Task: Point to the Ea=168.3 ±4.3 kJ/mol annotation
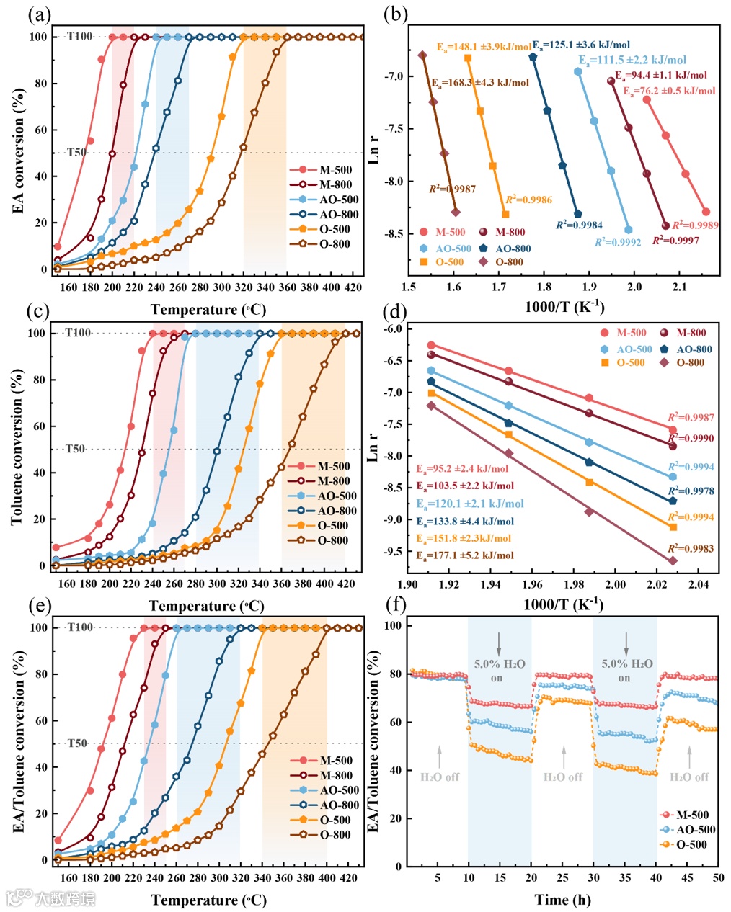pyautogui.click(x=480, y=83)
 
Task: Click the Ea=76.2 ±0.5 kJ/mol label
pyautogui.click(x=670, y=91)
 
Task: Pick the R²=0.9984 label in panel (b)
pyautogui.click(x=579, y=225)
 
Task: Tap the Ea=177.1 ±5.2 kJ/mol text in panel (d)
pyautogui.click(x=465, y=555)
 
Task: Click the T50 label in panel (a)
pyautogui.click(x=76, y=153)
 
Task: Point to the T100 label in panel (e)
pyautogui.click(x=80, y=627)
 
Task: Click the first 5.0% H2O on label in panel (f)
pyautogui.click(x=500, y=670)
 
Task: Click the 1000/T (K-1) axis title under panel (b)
pyautogui.click(x=564, y=307)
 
